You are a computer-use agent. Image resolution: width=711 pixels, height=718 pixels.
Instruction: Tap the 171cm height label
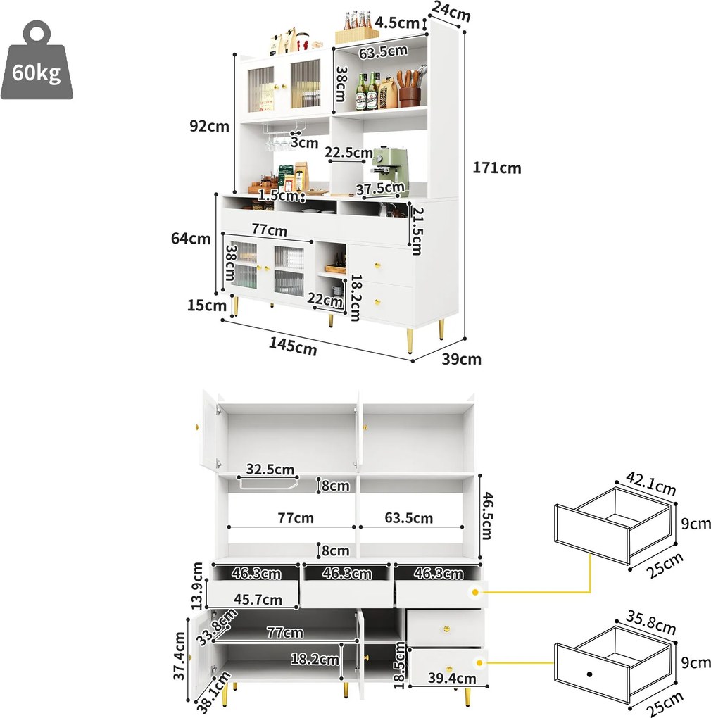(x=497, y=168)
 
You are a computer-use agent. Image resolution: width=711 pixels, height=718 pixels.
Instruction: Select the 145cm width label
(x=292, y=346)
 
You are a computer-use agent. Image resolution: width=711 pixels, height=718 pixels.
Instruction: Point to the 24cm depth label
(x=451, y=12)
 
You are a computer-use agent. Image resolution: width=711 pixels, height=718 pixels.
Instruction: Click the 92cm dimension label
(x=209, y=126)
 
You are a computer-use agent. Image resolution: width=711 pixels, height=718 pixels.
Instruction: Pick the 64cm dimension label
(x=191, y=239)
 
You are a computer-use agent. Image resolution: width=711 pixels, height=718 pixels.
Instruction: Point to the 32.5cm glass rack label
(x=270, y=469)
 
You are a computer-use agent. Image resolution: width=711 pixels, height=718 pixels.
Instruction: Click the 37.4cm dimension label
(x=180, y=657)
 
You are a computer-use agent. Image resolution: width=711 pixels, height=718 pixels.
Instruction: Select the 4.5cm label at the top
(x=397, y=23)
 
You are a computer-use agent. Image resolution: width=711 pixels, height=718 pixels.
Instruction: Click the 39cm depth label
(x=462, y=359)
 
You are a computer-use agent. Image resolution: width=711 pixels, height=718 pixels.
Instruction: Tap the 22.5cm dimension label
(x=349, y=152)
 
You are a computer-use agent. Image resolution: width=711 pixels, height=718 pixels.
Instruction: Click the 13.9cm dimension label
(x=198, y=586)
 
